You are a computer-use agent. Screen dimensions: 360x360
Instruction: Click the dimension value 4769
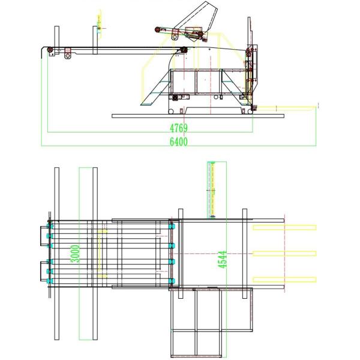click(179, 128)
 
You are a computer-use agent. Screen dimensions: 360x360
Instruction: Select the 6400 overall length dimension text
click(179, 142)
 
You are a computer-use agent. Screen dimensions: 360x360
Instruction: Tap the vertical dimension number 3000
click(75, 254)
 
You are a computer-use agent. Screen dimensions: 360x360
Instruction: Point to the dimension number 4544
click(222, 259)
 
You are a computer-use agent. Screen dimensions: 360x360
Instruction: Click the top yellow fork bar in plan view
click(284, 227)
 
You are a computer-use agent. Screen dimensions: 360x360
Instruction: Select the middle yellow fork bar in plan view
click(284, 253)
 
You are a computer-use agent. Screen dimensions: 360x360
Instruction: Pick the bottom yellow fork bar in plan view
click(284, 280)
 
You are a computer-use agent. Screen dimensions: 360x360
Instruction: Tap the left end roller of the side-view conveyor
click(50, 50)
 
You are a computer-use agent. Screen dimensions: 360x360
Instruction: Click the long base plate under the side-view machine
click(198, 116)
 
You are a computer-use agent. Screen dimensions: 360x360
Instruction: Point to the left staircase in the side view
click(156, 87)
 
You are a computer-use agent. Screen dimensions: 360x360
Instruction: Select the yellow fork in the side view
click(286, 107)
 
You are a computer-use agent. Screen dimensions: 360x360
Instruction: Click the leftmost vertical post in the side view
click(57, 40)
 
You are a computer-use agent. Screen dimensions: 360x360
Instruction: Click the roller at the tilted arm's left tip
click(157, 29)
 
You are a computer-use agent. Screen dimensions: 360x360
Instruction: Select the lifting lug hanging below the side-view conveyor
click(67, 53)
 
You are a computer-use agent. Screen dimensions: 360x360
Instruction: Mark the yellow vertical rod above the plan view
click(212, 190)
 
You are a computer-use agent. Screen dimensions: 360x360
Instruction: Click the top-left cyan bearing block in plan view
click(50, 226)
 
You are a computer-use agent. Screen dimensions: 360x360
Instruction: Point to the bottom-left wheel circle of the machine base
click(171, 112)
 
